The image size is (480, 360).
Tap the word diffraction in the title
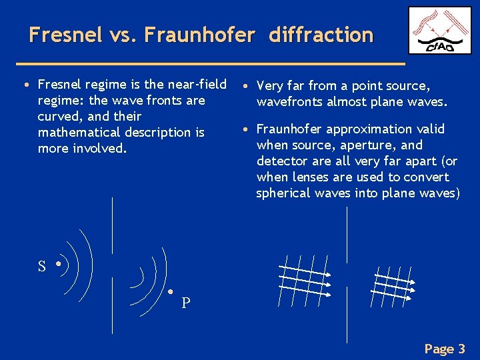pyautogui.click(x=321, y=35)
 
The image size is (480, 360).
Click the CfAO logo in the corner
pyautogui.click(x=439, y=31)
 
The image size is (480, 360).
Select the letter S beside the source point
pyautogui.click(x=42, y=267)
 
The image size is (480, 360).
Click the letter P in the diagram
pyautogui.click(x=186, y=303)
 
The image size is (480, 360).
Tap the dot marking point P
pyautogui.click(x=171, y=292)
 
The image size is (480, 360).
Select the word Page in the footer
pyautogui.click(x=439, y=349)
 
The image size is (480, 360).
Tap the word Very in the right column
pyautogui.click(x=269, y=85)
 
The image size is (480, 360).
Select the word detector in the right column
pyautogui.click(x=279, y=161)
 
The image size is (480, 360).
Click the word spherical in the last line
pyautogui.click(x=282, y=193)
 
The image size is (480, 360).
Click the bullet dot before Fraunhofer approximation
pyautogui.click(x=246, y=128)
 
